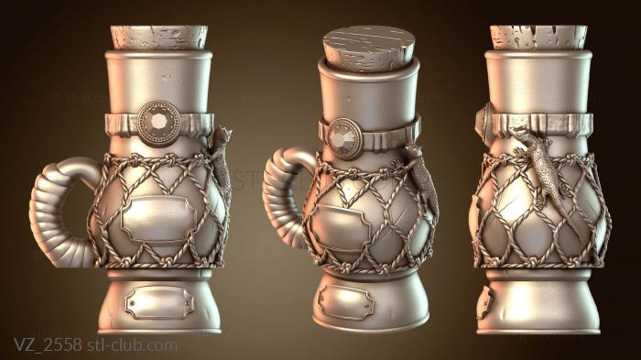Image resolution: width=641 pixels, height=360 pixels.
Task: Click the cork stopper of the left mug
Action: pyautogui.click(x=159, y=38)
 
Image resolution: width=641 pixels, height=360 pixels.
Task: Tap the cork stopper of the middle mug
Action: pyautogui.click(x=369, y=49)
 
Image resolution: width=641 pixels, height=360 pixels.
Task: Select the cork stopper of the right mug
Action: pyautogui.click(x=538, y=38)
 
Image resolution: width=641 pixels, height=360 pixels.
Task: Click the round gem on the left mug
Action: pyautogui.click(x=158, y=124)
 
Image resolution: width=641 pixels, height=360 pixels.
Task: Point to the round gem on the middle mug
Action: pyautogui.click(x=343, y=138)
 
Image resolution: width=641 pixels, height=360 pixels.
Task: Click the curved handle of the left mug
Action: pyautogui.click(x=53, y=213)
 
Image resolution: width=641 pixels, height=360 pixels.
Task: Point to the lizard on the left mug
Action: pyautogui.click(x=221, y=164)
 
